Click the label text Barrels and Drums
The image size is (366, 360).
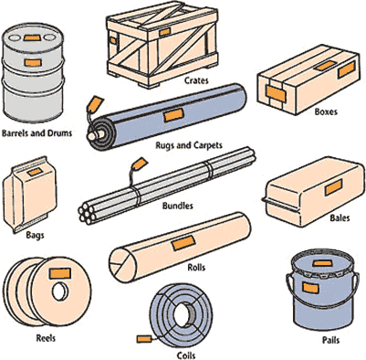[x=37, y=133]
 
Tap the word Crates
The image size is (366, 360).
[x=196, y=80]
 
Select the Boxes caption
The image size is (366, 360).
[x=326, y=111]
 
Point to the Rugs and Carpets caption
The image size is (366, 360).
[x=189, y=145]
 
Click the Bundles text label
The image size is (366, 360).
[x=178, y=206]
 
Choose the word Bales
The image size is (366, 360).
[x=340, y=218]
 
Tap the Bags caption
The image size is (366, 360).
[x=35, y=236]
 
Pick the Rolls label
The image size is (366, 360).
[x=196, y=268]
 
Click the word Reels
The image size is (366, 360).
[x=46, y=338]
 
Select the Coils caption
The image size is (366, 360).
[x=186, y=355]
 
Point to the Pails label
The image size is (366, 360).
[x=330, y=340]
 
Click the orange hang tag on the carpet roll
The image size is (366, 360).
[x=95, y=103]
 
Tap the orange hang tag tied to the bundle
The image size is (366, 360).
[x=140, y=164]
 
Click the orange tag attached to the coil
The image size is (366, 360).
[x=144, y=339]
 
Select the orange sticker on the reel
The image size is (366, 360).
[x=60, y=273]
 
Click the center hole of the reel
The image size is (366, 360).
[x=60, y=291]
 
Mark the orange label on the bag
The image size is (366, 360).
[x=35, y=172]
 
